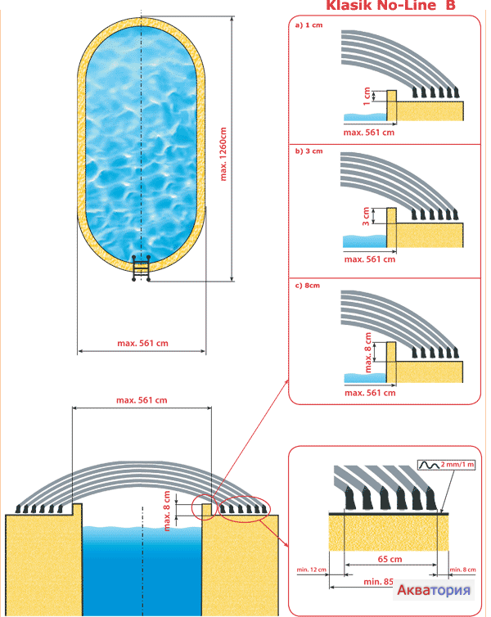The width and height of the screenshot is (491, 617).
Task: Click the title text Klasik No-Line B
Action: click(x=391, y=7)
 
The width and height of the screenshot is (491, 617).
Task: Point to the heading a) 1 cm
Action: click(x=309, y=25)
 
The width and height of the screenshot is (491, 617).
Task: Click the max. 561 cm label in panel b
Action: click(x=370, y=259)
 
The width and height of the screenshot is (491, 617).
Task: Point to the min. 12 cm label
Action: click(x=310, y=570)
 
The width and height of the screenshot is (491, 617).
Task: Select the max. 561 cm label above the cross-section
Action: click(x=142, y=400)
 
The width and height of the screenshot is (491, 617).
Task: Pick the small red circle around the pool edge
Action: click(x=205, y=507)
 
